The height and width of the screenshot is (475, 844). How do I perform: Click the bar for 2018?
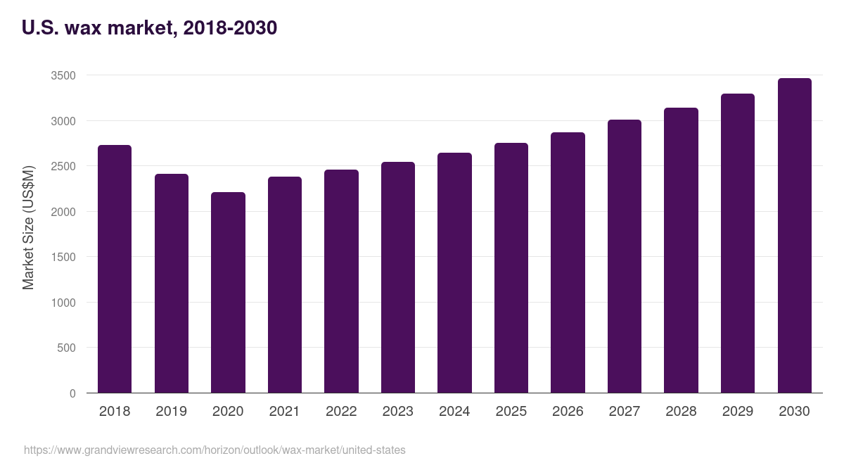point(115,269)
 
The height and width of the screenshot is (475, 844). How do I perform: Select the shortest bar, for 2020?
point(228,292)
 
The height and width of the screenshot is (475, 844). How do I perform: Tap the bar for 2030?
point(794,236)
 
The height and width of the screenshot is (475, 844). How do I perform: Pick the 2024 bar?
point(454,273)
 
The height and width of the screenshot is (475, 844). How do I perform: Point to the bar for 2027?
point(625,256)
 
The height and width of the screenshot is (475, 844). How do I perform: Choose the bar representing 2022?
point(341,281)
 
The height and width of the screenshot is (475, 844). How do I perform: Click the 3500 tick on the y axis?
point(63,75)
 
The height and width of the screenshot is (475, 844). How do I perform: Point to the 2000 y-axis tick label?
point(63,212)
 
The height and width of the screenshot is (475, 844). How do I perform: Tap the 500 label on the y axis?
point(66,348)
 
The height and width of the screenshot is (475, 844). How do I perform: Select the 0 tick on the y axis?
point(72,393)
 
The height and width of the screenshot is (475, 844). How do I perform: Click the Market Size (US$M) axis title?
point(28,227)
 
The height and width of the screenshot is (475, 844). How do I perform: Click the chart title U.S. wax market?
point(150,28)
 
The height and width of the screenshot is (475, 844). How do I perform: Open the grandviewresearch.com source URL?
point(215,450)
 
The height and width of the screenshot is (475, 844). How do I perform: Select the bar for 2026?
point(568,262)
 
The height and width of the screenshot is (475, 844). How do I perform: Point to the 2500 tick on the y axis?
point(63,166)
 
